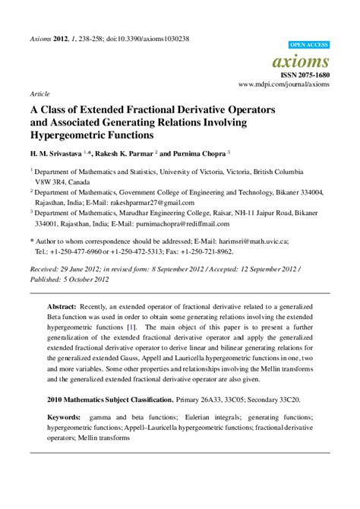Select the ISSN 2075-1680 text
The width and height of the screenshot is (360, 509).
(x=306, y=75)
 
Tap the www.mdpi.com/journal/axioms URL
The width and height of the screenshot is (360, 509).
(x=284, y=85)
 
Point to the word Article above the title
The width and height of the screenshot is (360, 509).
(x=39, y=94)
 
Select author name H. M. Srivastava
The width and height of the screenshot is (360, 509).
(x=61, y=153)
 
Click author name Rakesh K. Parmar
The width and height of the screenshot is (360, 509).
(x=125, y=153)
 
